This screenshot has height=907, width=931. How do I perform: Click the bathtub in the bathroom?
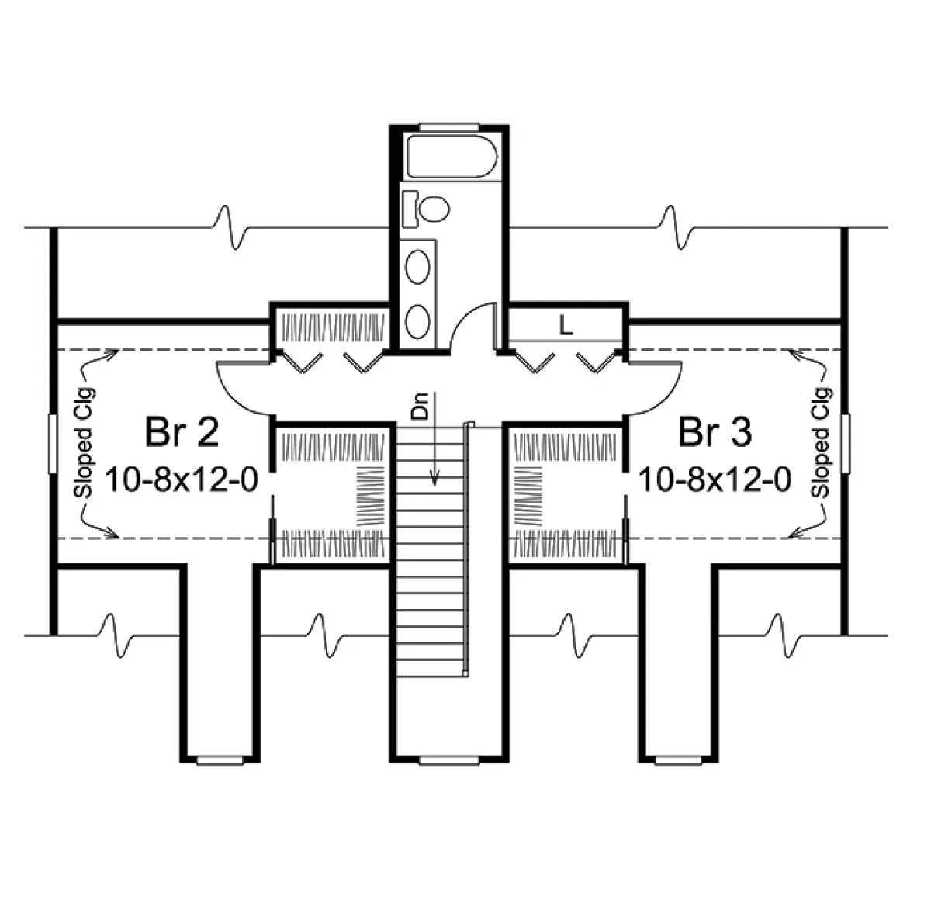(x=452, y=156)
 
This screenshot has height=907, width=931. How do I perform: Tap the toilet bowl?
(x=434, y=208)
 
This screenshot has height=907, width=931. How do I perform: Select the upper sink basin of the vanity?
(x=417, y=266)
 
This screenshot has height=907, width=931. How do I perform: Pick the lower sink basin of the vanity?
(x=417, y=321)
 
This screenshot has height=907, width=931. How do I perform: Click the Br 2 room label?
(x=182, y=432)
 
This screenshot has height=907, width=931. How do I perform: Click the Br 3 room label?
(x=715, y=432)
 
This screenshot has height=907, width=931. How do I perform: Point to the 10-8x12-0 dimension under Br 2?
(x=182, y=479)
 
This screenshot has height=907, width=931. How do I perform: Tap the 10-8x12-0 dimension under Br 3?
(x=715, y=479)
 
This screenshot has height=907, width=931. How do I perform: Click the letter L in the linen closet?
(x=566, y=326)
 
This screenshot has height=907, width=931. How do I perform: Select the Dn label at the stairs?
(x=420, y=406)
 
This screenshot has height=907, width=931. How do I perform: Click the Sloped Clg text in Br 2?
(x=85, y=442)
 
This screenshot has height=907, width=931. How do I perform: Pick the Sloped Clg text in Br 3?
(x=822, y=442)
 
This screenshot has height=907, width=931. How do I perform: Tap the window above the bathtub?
(x=448, y=126)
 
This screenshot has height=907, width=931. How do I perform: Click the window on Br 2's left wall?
(x=53, y=444)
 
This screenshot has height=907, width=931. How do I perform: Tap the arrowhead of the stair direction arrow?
(x=434, y=479)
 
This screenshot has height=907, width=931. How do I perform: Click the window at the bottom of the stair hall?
(x=448, y=760)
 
